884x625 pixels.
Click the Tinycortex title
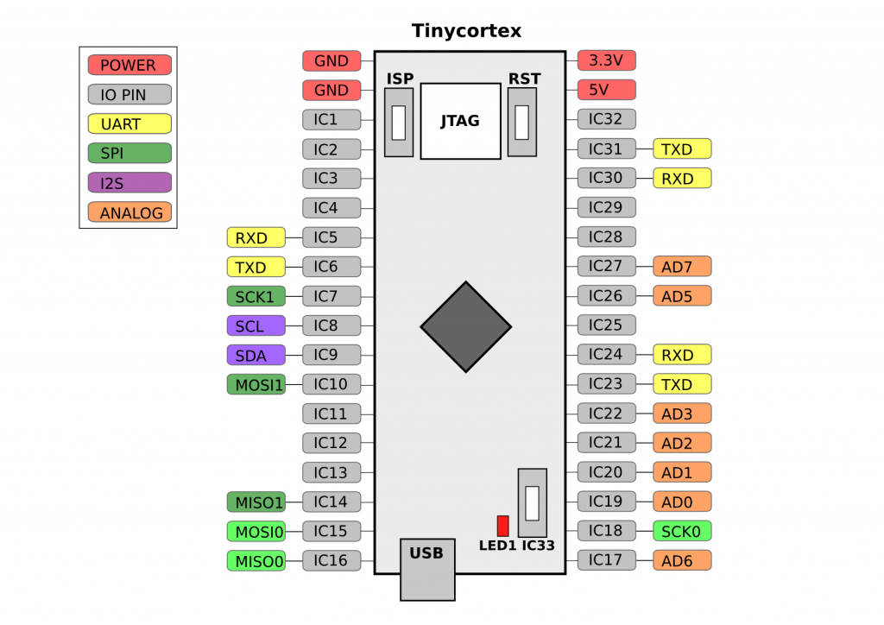(466, 30)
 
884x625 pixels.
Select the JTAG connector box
(461, 121)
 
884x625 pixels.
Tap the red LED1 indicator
(503, 526)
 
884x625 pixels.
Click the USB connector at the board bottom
(427, 569)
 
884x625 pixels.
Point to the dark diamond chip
(465, 327)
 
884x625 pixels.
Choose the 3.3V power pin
(607, 60)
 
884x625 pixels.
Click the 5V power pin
(607, 90)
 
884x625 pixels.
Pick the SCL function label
(256, 325)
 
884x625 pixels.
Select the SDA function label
(256, 355)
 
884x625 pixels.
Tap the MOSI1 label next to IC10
(256, 384)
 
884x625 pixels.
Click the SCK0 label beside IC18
(682, 531)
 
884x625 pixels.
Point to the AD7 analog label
(682, 266)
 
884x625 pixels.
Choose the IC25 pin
(607, 325)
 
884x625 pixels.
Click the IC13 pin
(331, 472)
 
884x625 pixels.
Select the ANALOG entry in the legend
(129, 212)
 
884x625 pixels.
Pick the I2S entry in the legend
(129, 183)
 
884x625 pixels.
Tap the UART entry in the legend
(129, 123)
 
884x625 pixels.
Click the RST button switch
(522, 122)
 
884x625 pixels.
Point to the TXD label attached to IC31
(682, 148)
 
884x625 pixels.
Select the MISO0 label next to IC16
(256, 561)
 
